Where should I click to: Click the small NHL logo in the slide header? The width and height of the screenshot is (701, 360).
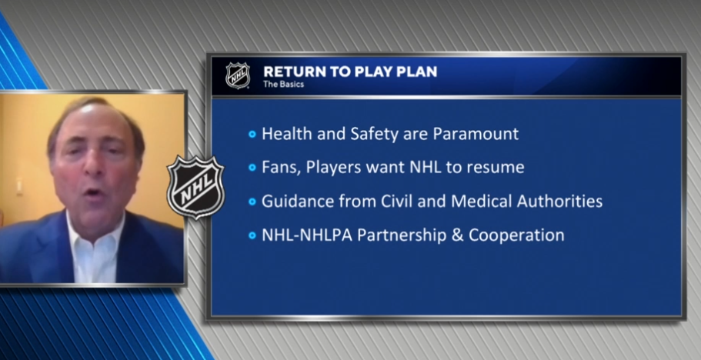[x=238, y=75]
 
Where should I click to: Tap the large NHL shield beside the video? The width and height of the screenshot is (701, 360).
[x=195, y=187]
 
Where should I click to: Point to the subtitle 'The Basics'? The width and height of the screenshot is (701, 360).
[x=283, y=84]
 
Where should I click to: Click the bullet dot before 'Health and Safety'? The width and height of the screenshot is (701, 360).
[x=252, y=134]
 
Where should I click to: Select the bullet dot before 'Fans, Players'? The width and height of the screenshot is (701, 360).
[x=252, y=168]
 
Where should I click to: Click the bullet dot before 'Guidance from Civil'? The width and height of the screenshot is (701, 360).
[x=252, y=202]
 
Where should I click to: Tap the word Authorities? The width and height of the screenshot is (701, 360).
[x=559, y=201]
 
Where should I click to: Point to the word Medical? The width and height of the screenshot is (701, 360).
[x=482, y=201]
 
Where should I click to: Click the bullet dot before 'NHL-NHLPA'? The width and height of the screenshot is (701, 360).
[x=252, y=235]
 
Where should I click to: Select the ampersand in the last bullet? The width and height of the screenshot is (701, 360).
[x=457, y=235]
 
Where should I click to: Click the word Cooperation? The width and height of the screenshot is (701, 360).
[x=516, y=236]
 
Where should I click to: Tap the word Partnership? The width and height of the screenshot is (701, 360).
[x=402, y=236]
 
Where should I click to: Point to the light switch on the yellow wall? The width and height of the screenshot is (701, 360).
[x=19, y=186]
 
